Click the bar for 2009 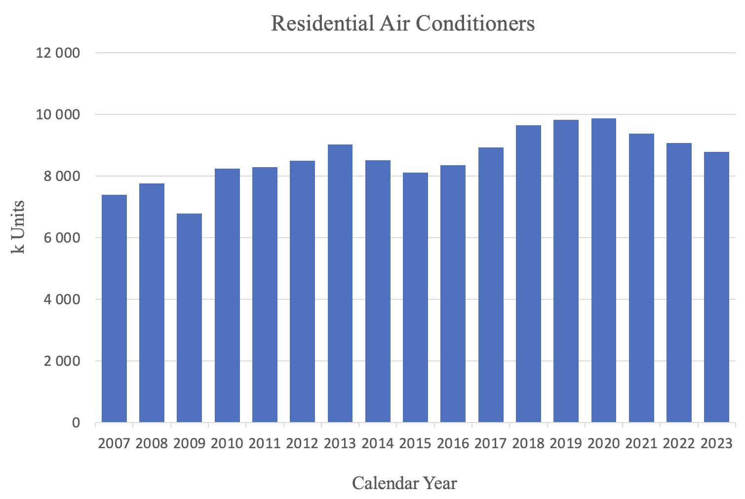point(189,318)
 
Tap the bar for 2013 point(340,284)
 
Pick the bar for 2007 point(114,309)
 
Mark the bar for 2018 point(528,274)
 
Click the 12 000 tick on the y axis point(58,53)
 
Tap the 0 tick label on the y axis point(76,423)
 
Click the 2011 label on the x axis point(265,444)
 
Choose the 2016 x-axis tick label point(453,444)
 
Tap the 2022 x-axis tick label point(679,444)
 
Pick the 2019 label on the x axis point(566,444)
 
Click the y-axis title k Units point(18,227)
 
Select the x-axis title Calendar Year point(404,483)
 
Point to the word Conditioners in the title point(475,24)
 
